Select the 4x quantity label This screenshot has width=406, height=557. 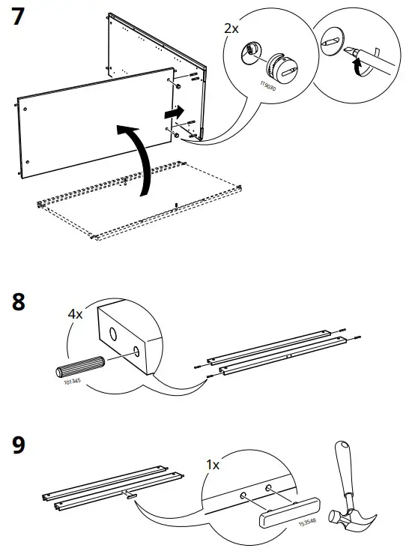[x=76, y=315]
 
